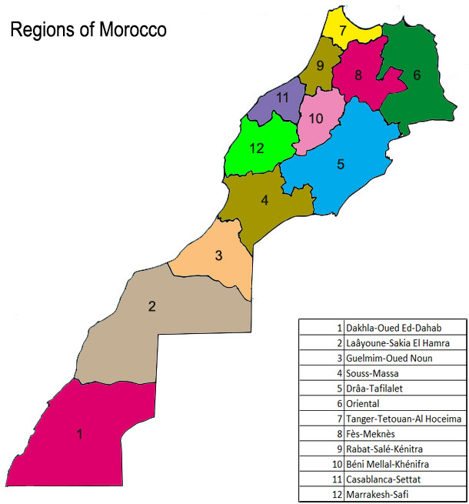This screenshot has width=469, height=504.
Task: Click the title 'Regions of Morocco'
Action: [88, 30]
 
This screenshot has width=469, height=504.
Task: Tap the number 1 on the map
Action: [79, 434]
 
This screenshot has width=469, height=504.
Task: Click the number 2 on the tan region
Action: [152, 306]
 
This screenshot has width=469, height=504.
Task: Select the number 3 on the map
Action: [218, 255]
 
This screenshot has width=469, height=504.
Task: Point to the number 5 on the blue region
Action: [341, 163]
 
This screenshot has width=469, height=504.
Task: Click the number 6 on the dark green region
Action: [417, 75]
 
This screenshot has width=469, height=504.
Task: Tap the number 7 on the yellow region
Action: [343, 32]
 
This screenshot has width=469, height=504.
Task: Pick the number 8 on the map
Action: [358, 75]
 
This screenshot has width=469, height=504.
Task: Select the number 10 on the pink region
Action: [315, 118]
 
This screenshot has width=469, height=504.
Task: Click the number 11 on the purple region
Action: [282, 98]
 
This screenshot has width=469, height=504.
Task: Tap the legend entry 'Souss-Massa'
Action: [374, 373]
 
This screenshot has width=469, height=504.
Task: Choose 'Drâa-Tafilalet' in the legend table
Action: [379, 388]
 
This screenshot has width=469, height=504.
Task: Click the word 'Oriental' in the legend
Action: [363, 403]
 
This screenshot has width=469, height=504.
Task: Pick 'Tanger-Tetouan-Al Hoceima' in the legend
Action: [404, 419]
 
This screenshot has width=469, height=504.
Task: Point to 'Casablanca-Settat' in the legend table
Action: [384, 479]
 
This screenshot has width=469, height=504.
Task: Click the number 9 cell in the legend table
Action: [339, 449]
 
